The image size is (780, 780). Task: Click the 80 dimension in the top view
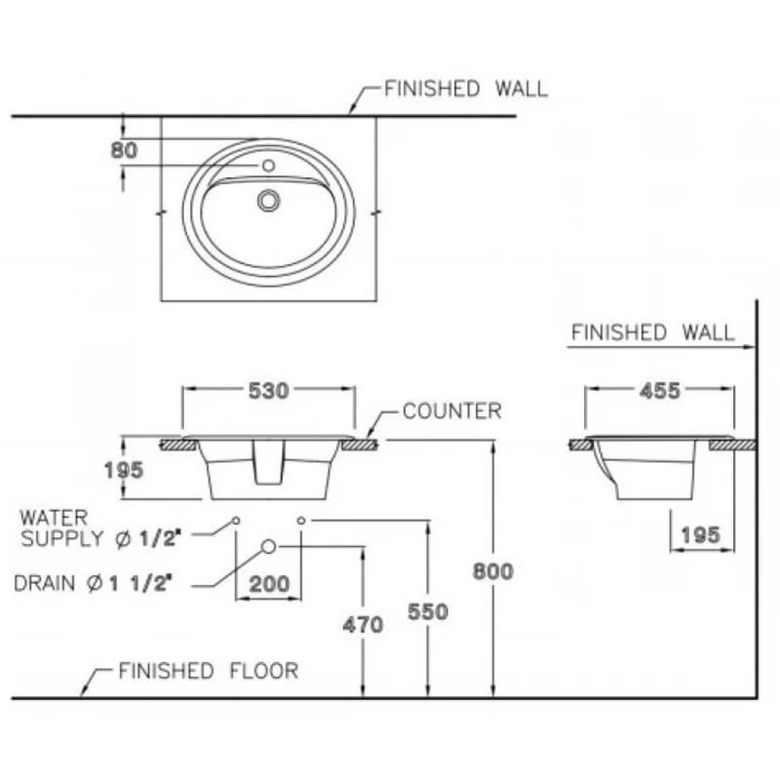click(x=126, y=151)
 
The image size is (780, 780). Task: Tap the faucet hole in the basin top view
click(x=268, y=167)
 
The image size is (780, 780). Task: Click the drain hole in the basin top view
click(x=268, y=201)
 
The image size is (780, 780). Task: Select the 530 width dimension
click(x=267, y=391)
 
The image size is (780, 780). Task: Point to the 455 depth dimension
click(x=660, y=391)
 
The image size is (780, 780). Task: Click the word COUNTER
click(x=451, y=411)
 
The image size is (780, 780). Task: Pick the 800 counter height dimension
click(x=492, y=571)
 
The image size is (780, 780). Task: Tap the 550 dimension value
click(x=428, y=611)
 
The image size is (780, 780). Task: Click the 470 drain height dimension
click(x=363, y=625)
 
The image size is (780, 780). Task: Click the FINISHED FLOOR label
click(x=208, y=671)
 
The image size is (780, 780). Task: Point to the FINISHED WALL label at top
click(x=466, y=89)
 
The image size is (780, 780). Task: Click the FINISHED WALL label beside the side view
click(x=652, y=332)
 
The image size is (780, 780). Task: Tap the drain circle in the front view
click(x=268, y=546)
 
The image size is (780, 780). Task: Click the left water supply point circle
click(x=236, y=521)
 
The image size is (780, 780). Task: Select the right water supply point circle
click(x=300, y=521)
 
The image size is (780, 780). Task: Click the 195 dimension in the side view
click(x=700, y=534)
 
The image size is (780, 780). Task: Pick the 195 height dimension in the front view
click(x=124, y=470)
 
